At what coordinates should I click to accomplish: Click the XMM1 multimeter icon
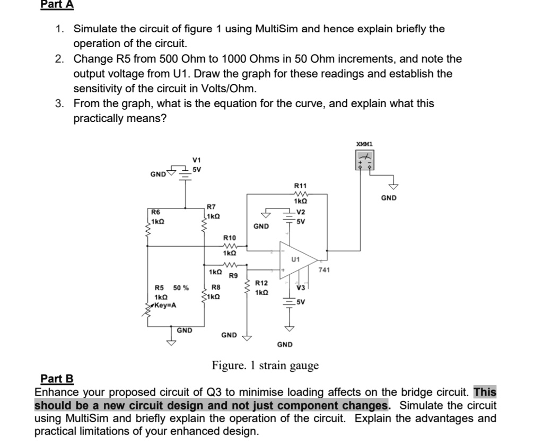click(x=364, y=160)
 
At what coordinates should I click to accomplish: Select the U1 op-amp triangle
click(x=297, y=260)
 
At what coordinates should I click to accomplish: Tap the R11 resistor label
click(x=300, y=185)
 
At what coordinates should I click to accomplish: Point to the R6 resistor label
click(x=156, y=212)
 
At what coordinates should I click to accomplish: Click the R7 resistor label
click(x=211, y=206)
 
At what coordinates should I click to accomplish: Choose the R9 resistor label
click(x=232, y=275)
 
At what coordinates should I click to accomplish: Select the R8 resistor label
click(x=215, y=287)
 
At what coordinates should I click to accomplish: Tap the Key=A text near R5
click(x=165, y=306)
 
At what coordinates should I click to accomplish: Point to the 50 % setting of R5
click(x=181, y=288)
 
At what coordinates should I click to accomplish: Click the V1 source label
click(x=197, y=160)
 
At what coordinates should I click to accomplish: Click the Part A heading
click(x=57, y=5)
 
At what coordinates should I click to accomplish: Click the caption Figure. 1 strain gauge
click(x=265, y=365)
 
